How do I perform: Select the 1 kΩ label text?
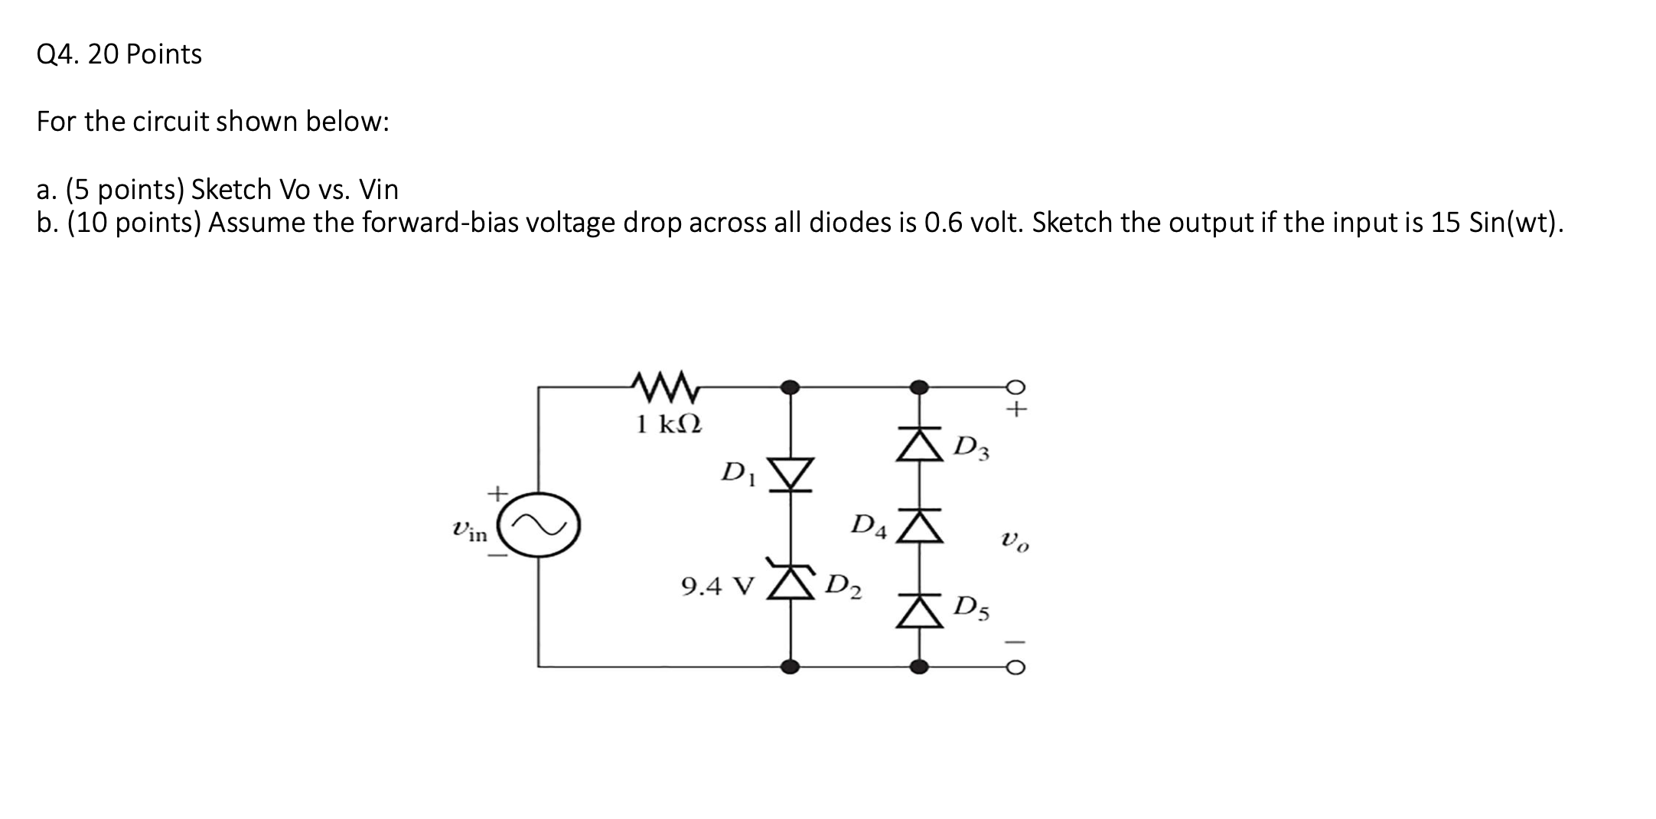pyautogui.click(x=669, y=423)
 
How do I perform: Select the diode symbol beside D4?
pyautogui.click(x=920, y=526)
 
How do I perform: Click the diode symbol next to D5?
pyautogui.click(x=920, y=611)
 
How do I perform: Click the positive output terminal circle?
pyautogui.click(x=1015, y=387)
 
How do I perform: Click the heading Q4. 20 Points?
pyautogui.click(x=119, y=54)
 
